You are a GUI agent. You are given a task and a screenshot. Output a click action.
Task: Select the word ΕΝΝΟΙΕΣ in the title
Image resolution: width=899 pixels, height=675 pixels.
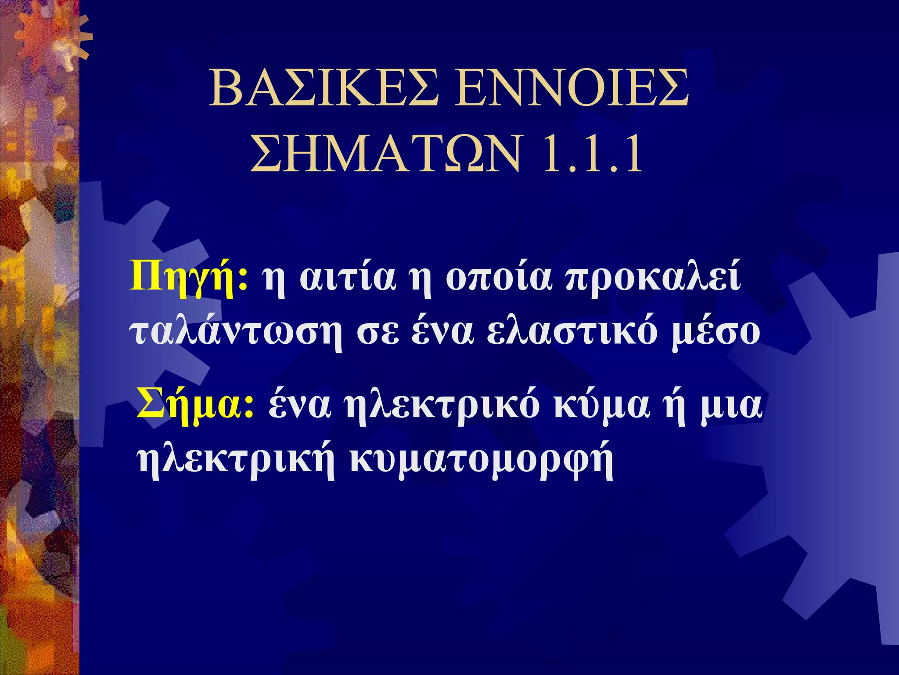pyautogui.click(x=571, y=89)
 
